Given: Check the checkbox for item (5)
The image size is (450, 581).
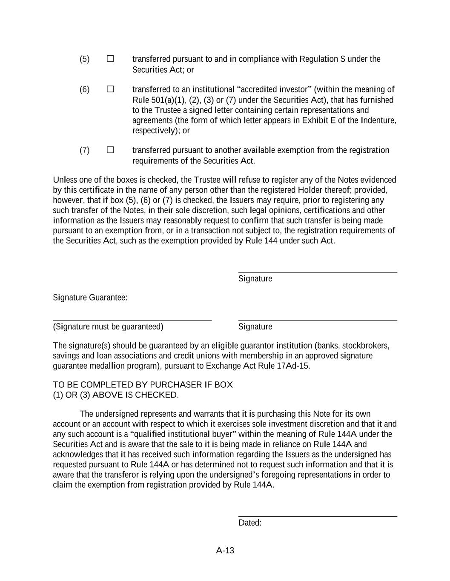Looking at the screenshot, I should (x=110, y=59).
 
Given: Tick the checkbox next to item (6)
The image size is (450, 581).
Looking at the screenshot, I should (x=110, y=89).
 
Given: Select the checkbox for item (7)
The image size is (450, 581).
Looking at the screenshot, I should (x=110, y=150).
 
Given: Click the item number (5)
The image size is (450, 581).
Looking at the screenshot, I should (x=84, y=59).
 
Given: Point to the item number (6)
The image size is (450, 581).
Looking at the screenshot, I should (x=84, y=89).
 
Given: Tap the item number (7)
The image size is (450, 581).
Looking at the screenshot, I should (x=84, y=150).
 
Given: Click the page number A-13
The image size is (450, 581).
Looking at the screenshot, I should (x=225, y=550).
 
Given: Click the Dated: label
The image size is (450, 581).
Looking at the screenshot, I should (x=250, y=523).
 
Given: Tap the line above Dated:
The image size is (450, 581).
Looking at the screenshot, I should (x=317, y=516).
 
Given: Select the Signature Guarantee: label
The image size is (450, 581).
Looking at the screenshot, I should (x=90, y=298).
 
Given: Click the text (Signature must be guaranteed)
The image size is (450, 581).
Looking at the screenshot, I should (x=108, y=326).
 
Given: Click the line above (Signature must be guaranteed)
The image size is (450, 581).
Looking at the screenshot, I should (x=132, y=320).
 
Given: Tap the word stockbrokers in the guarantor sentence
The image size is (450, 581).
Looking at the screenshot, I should (x=365, y=346).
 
